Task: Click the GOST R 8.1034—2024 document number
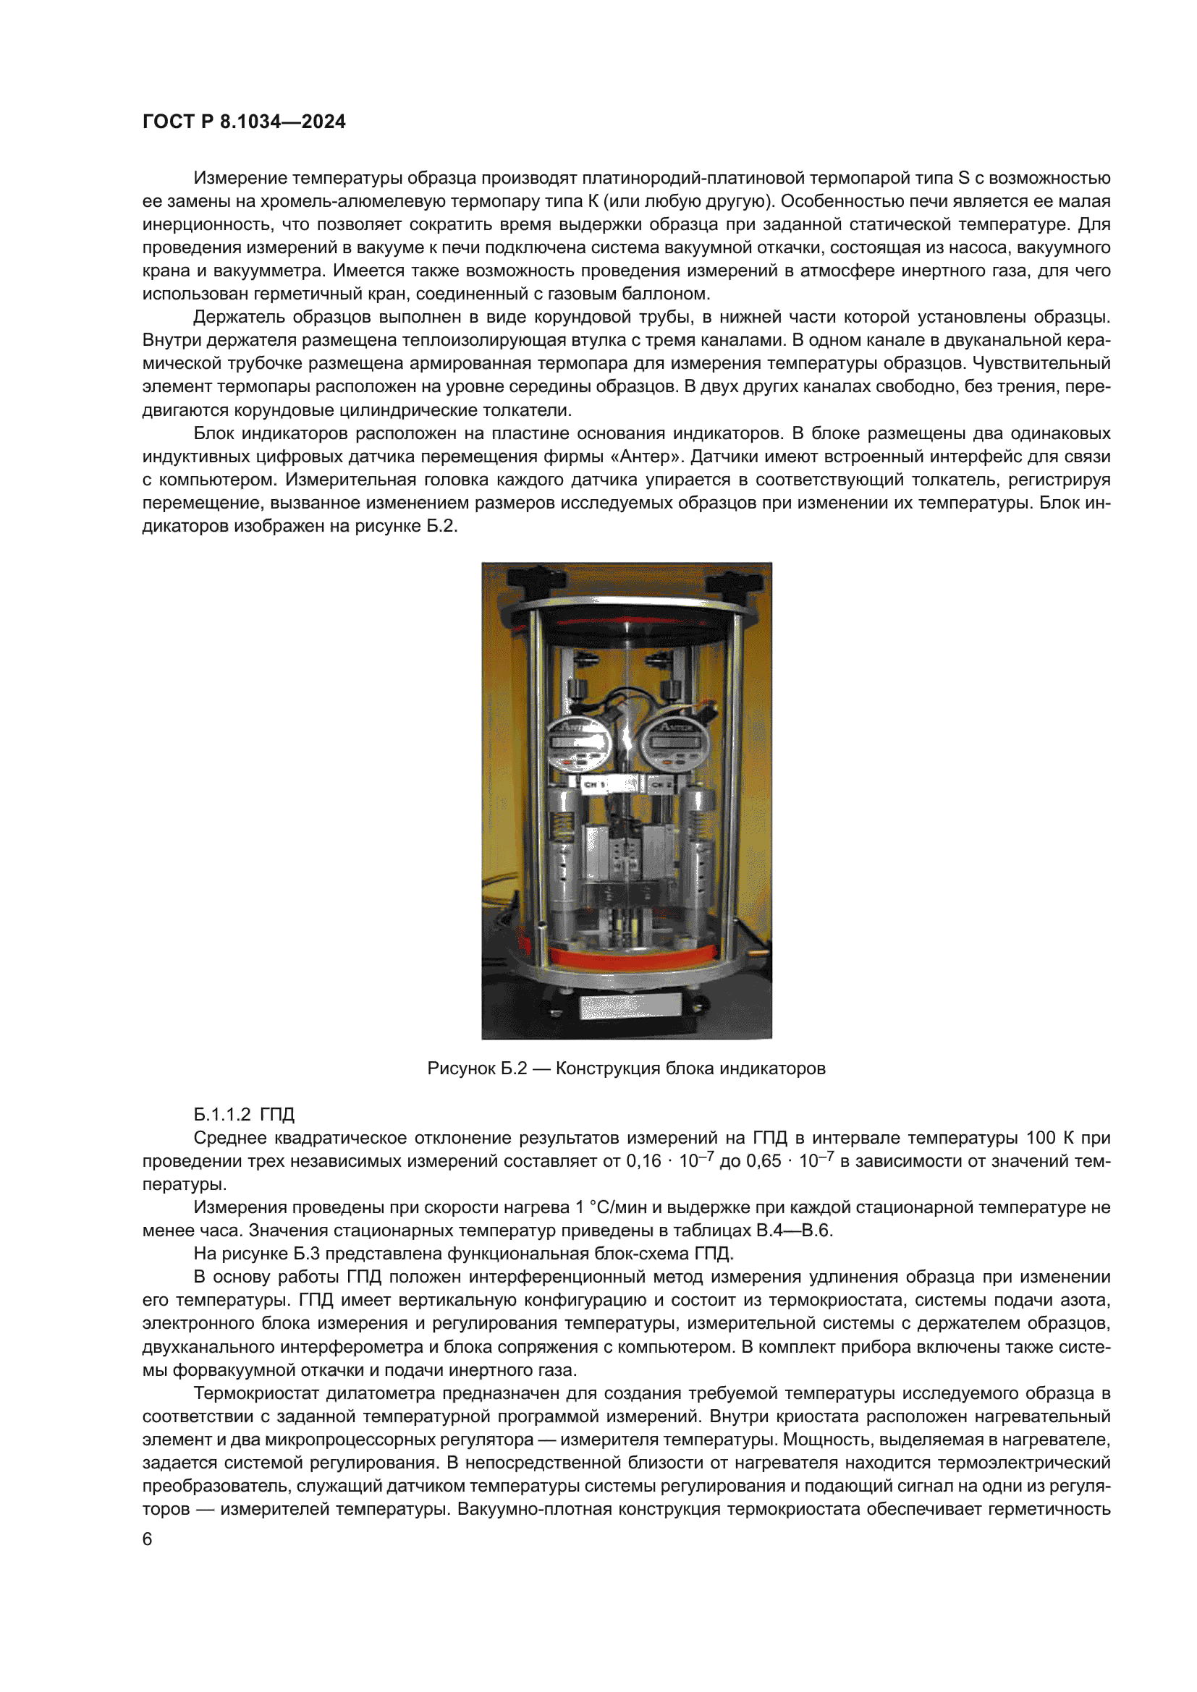click(243, 122)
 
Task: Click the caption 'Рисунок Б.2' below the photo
click(477, 1068)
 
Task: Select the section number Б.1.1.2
click(222, 1115)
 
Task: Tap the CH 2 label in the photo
click(661, 785)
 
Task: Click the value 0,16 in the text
click(643, 1162)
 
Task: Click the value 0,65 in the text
click(764, 1162)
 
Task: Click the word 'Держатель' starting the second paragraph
click(238, 318)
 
